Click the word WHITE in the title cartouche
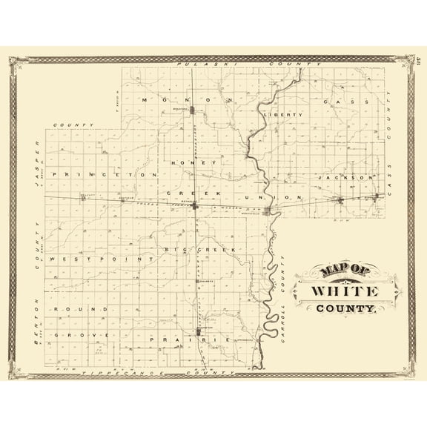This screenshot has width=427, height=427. click(x=345, y=291)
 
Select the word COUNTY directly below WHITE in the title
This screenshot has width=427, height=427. click(x=345, y=308)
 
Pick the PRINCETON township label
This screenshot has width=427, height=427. click(x=111, y=174)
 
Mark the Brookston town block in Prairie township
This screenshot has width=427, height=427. click(x=199, y=331)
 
